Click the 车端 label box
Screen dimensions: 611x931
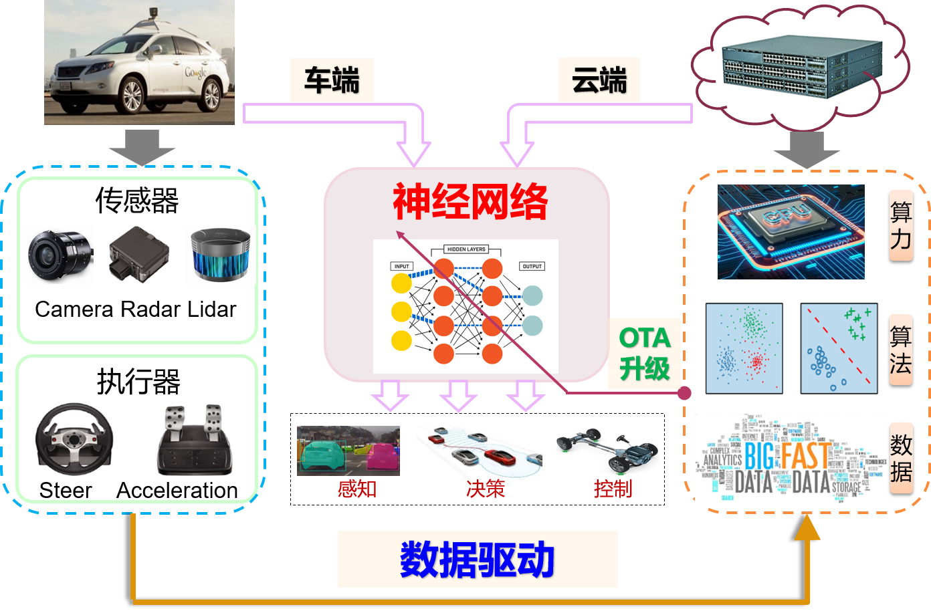coord(332,80)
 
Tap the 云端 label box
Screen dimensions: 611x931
coord(599,80)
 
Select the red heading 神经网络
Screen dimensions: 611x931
coord(470,201)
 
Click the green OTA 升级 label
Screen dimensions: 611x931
coord(644,353)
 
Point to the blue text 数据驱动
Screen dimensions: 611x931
coord(478,560)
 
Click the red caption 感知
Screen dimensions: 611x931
coord(356,489)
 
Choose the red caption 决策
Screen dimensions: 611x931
coord(486,489)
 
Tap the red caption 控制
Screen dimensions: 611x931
coord(613,489)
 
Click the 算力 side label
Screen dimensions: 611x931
coord(901,225)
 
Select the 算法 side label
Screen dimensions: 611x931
coord(901,349)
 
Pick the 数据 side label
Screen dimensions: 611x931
coord(901,458)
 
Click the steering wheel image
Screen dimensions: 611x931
coord(74,438)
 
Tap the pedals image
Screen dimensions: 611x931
coord(194,439)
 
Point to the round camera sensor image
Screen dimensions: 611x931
coord(60,255)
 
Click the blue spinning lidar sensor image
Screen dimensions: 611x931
coord(220,255)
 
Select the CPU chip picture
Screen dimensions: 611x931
coord(791,232)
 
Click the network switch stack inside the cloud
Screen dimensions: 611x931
coord(803,66)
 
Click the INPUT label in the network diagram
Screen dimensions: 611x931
coord(401,266)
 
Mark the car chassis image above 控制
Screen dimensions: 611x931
coord(607,452)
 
